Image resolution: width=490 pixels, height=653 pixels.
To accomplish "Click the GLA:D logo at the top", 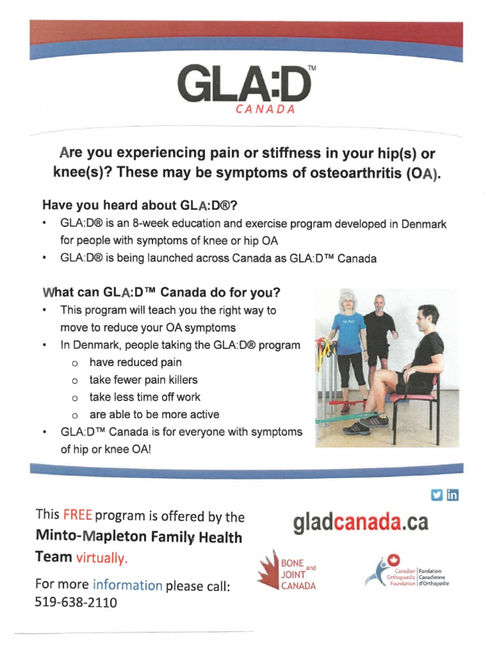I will tap(245, 85).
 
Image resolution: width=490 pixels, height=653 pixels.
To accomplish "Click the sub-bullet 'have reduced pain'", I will tap(135, 363).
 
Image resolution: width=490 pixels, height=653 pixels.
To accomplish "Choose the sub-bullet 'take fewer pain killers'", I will tap(144, 380).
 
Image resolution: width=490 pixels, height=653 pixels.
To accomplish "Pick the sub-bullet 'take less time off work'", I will tap(145, 397).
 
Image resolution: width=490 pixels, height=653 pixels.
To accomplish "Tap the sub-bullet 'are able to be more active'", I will tap(154, 415).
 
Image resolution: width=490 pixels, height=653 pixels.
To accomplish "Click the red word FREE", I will tap(77, 515).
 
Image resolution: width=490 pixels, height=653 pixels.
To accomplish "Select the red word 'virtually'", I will tap(102, 558).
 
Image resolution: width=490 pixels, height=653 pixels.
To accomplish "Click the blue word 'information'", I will tap(128, 585).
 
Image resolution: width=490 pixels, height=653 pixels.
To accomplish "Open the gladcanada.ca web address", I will tap(360, 523).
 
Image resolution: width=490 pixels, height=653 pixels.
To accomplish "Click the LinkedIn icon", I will tap(452, 494).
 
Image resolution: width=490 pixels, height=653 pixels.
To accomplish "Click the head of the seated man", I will tap(428, 317).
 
